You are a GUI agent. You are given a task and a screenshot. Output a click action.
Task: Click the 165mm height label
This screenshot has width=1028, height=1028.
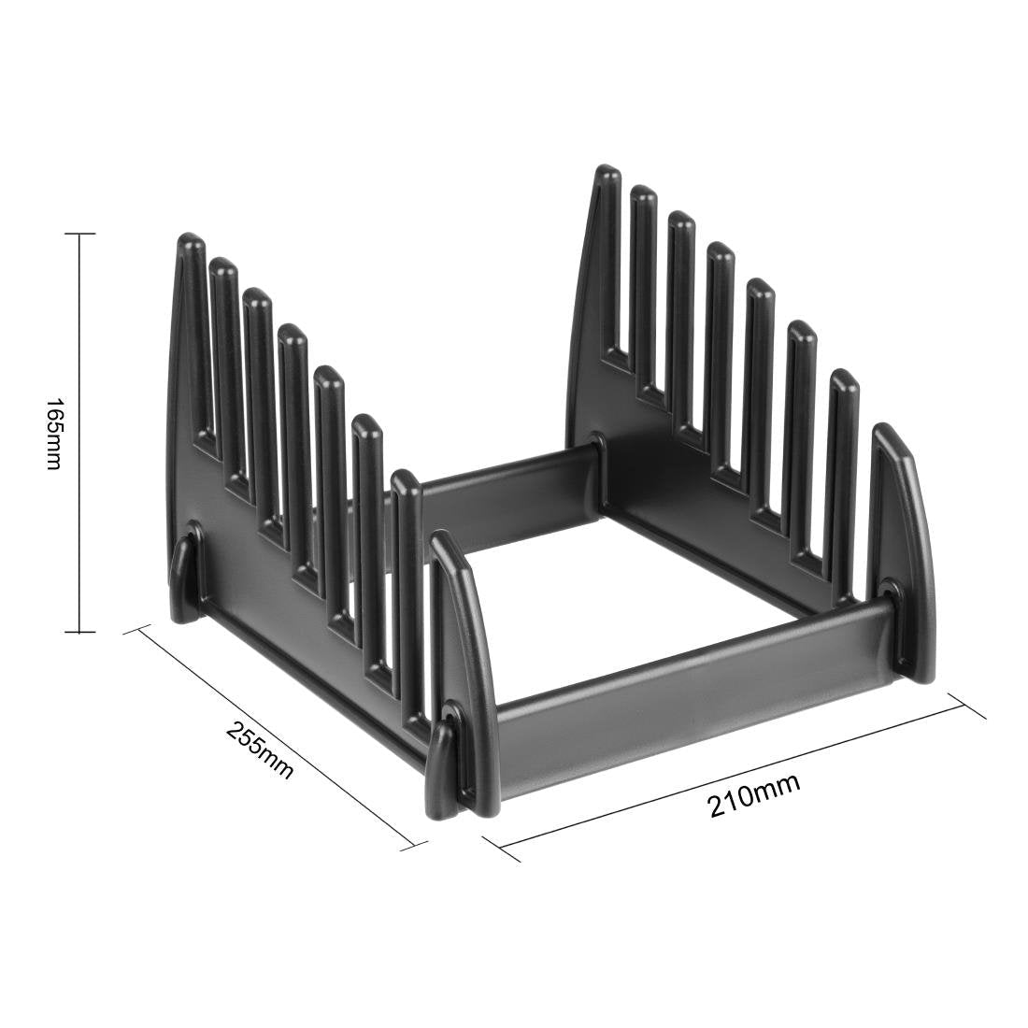tap(53, 434)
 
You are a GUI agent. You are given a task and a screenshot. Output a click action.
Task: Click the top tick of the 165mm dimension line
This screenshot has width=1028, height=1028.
tap(79, 234)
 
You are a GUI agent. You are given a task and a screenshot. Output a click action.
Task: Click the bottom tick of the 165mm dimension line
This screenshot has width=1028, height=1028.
tap(79, 633)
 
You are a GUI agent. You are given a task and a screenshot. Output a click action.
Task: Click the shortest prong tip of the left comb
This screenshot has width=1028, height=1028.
tap(405, 479)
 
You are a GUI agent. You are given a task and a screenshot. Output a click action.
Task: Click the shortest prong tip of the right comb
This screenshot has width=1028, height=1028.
tap(844, 378)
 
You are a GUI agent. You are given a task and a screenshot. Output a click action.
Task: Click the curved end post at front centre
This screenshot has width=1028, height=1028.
tap(463, 635)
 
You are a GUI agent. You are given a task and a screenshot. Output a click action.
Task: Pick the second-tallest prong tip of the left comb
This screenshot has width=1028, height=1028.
tap(224, 268)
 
